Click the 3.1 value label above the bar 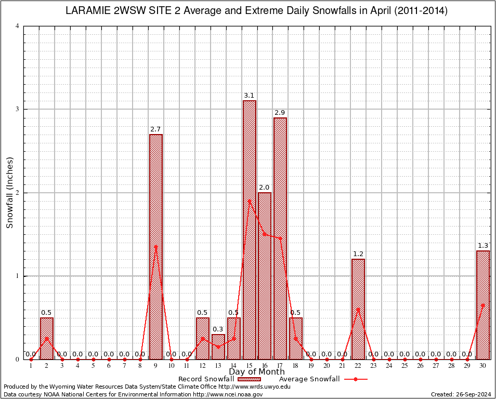[249, 96]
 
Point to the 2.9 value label [280, 113]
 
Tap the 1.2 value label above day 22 [358, 254]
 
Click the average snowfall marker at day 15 [250, 201]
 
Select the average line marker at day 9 [156, 247]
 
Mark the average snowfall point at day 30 [483, 305]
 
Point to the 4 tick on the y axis [18, 26]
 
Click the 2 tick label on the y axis [18, 193]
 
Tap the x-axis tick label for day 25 [404, 366]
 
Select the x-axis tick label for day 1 [31, 366]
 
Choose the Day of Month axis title [257, 372]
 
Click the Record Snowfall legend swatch [250, 379]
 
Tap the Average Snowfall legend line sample [355, 379]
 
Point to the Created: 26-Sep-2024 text [461, 394]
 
